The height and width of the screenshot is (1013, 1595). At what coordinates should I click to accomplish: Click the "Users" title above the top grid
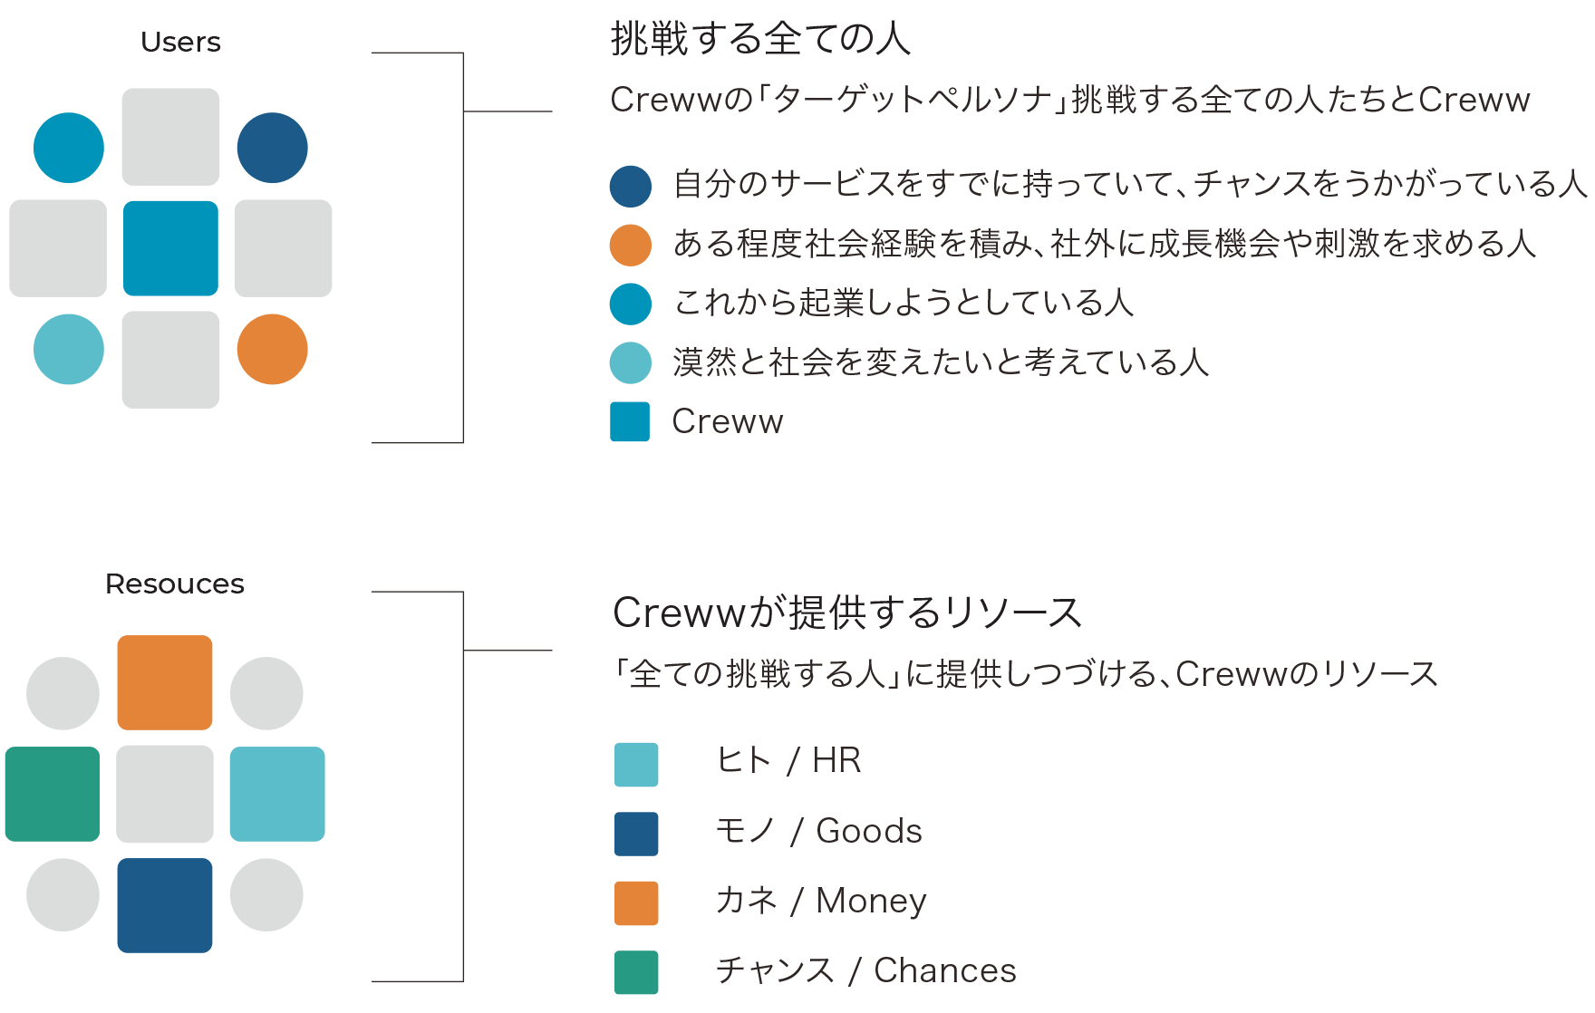click(x=180, y=43)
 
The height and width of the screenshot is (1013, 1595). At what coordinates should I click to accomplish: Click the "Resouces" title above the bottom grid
click(x=175, y=584)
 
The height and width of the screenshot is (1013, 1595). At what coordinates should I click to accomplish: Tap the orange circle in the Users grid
click(x=272, y=349)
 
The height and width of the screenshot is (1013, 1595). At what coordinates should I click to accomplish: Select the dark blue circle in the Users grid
click(x=272, y=148)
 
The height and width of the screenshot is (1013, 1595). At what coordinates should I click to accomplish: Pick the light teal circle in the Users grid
click(x=69, y=349)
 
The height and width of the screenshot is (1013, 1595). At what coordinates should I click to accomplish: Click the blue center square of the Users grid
click(x=170, y=248)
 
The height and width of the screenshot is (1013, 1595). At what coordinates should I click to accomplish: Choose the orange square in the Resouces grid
click(x=165, y=682)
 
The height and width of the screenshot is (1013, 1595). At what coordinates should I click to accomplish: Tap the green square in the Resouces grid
click(x=53, y=794)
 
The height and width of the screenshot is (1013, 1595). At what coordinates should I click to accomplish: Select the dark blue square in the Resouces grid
click(x=165, y=905)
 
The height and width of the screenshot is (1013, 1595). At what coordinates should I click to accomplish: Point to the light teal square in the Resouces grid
click(x=277, y=794)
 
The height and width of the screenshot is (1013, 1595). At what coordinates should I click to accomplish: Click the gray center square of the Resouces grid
click(x=165, y=794)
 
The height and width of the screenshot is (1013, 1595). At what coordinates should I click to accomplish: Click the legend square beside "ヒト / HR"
click(x=636, y=764)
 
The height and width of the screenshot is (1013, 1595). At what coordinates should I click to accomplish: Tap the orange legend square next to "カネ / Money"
click(x=636, y=903)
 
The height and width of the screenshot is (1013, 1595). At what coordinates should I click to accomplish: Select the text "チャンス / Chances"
click(x=865, y=970)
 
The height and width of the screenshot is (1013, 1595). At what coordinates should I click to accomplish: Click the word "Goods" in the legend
click(x=869, y=831)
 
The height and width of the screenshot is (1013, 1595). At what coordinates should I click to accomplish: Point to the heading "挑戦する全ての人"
click(x=759, y=40)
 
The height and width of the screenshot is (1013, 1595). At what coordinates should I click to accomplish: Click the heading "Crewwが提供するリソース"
click(x=847, y=613)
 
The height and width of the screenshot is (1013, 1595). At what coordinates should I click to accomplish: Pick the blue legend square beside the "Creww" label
click(x=630, y=422)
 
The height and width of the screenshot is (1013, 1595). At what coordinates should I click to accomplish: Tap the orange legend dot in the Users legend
click(x=631, y=246)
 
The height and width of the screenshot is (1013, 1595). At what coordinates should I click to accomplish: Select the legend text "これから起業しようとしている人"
click(x=903, y=303)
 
